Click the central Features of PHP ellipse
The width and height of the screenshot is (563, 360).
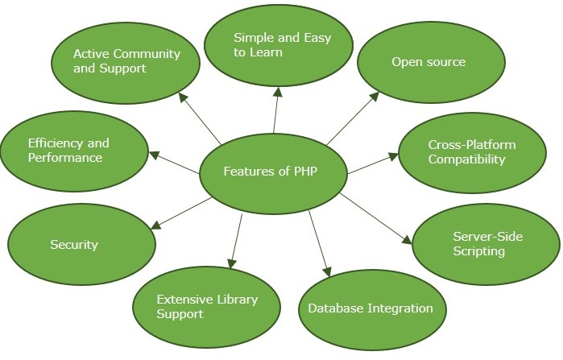(272, 172)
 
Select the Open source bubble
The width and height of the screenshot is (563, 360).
(429, 62)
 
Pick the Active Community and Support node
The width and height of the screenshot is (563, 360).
(126, 62)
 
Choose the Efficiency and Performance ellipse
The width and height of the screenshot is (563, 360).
(75, 151)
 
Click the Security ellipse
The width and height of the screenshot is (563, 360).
(81, 244)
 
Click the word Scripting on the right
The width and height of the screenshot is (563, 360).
(478, 251)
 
